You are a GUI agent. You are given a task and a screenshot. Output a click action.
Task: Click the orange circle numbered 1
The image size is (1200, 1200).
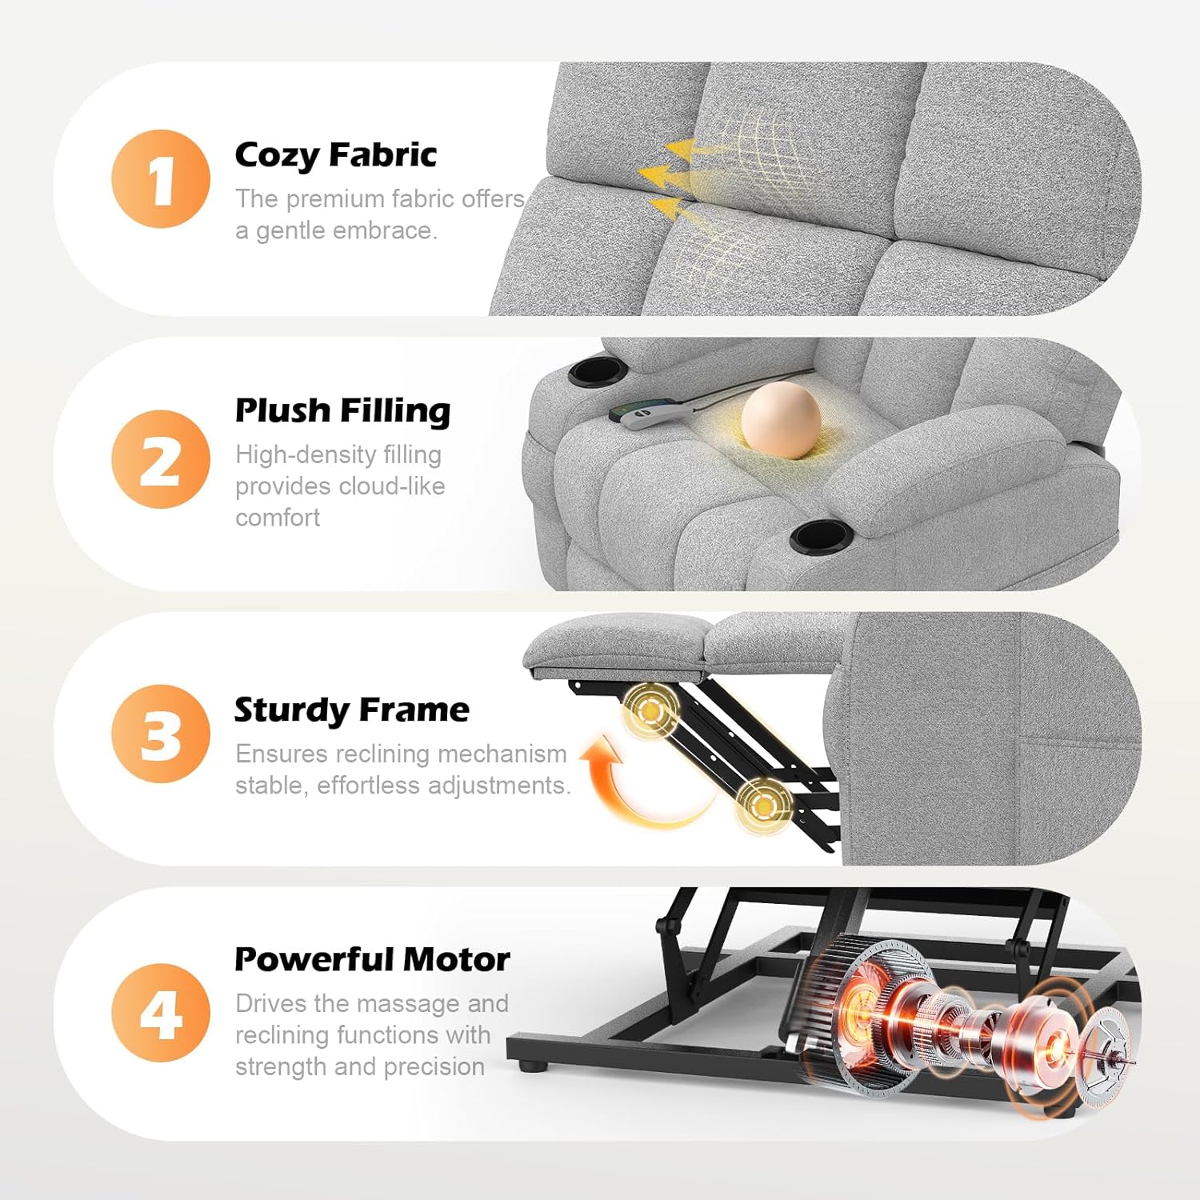tap(161, 178)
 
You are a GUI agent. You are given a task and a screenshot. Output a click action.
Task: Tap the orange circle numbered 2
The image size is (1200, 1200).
tap(161, 459)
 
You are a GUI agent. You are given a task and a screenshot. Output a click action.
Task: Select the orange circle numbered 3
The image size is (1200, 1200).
tap(161, 734)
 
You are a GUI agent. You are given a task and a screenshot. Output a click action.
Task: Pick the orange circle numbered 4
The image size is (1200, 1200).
tap(161, 1013)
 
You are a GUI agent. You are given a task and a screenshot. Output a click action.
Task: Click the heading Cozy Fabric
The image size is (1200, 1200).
tap(336, 155)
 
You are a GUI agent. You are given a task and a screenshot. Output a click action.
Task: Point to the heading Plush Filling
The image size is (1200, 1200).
tap(342, 411)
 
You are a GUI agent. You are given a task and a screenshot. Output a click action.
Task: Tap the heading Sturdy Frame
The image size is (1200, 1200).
tap(352, 710)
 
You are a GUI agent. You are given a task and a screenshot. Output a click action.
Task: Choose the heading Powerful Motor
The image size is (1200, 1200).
tap(372, 959)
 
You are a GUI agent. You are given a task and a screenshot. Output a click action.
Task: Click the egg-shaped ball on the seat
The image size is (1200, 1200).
tap(781, 420)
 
